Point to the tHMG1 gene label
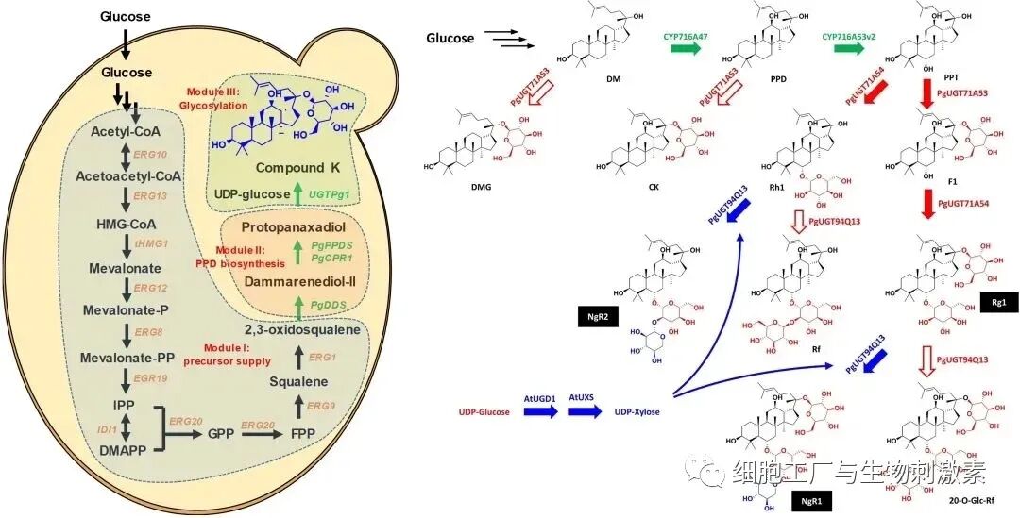pos(151,242)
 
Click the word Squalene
pos(298,381)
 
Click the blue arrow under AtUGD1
pos(536,413)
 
